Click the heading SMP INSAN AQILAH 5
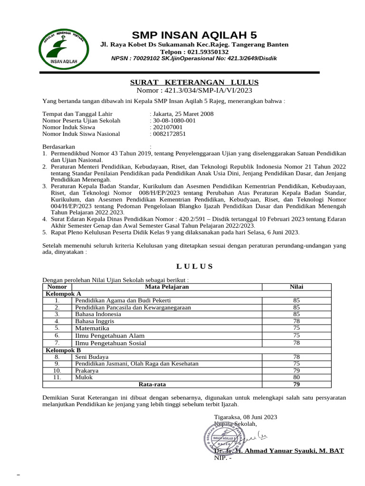click(194, 35)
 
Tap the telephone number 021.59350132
click(194, 52)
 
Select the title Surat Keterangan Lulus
click(194, 82)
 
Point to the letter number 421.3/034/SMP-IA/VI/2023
click(194, 90)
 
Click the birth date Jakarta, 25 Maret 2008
click(183, 114)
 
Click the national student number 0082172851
click(169, 134)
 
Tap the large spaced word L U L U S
click(194, 267)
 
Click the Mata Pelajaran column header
click(167, 287)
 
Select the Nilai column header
click(297, 287)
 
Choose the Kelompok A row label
click(63, 294)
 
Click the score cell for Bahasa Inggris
click(297, 321)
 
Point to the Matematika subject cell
click(92, 328)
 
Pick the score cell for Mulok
click(297, 377)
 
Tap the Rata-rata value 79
click(297, 384)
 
